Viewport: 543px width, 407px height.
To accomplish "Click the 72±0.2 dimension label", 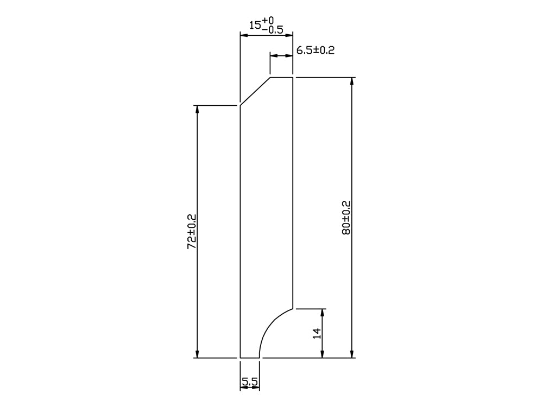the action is point(192,232).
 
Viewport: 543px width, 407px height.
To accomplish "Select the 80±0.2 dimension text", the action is point(346,218).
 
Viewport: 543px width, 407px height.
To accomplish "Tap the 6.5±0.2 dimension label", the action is point(315,50).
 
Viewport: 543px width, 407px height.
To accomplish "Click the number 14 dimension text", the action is point(317,333).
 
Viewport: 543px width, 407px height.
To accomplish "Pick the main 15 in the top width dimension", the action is point(255,26).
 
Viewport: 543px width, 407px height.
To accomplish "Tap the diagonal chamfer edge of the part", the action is point(256,91).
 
